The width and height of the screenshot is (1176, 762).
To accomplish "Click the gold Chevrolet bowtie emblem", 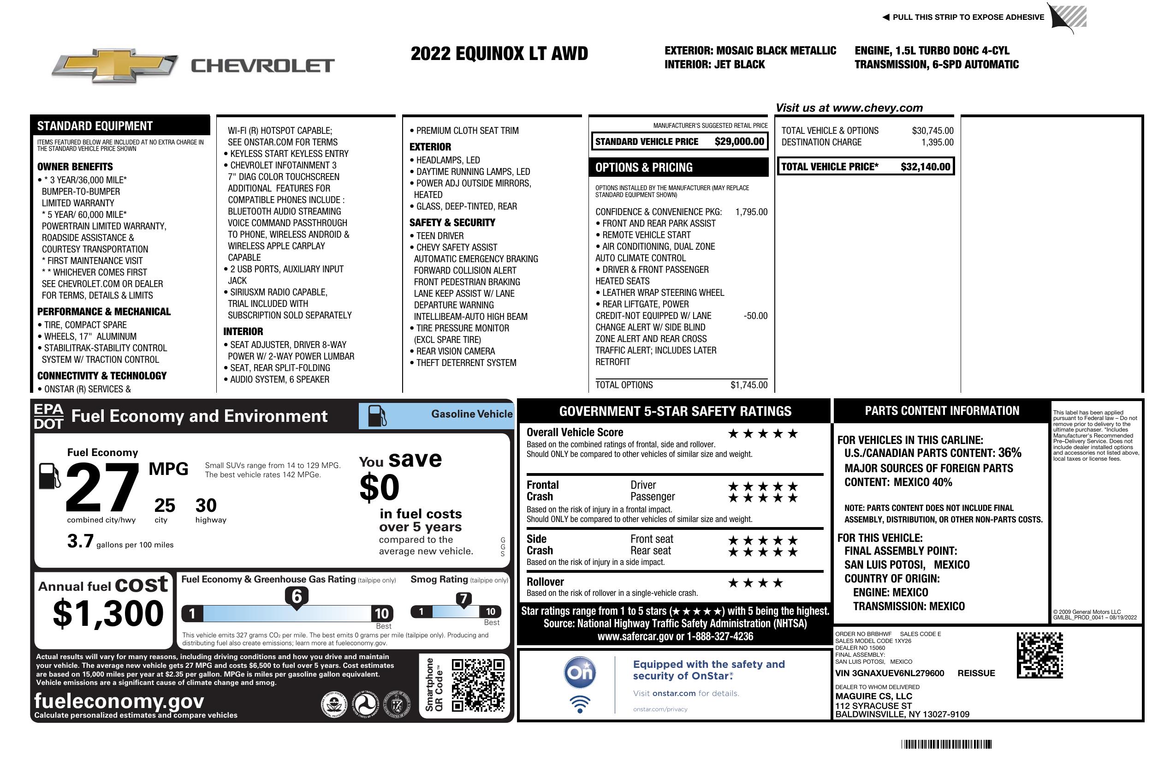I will [x=115, y=66].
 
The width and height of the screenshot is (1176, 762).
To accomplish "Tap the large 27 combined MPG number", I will [x=102, y=487].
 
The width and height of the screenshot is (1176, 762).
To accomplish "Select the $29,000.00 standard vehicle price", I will [x=739, y=142].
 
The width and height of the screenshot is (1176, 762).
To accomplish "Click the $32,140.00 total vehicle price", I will [x=925, y=167].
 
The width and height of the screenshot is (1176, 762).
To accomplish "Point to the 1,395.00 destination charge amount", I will [x=937, y=143].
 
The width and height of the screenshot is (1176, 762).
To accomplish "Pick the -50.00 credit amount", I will [x=755, y=316].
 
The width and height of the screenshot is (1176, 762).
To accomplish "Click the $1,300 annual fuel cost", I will [x=108, y=613].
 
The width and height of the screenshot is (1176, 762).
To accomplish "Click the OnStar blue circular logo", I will [x=580, y=672].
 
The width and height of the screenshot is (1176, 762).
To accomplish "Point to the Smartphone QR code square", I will [x=478, y=685].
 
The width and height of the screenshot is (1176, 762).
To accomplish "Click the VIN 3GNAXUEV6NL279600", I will [x=890, y=673].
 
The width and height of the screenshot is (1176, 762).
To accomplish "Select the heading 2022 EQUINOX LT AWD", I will [x=499, y=54].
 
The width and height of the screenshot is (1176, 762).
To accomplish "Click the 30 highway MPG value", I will [x=206, y=505].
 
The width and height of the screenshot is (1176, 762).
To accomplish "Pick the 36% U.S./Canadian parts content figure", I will [x=1009, y=453].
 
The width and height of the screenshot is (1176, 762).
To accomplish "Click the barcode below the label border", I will [x=946, y=744].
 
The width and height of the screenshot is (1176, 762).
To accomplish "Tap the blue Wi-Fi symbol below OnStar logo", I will [x=580, y=704].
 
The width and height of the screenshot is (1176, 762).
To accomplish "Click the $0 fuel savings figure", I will [x=379, y=487].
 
